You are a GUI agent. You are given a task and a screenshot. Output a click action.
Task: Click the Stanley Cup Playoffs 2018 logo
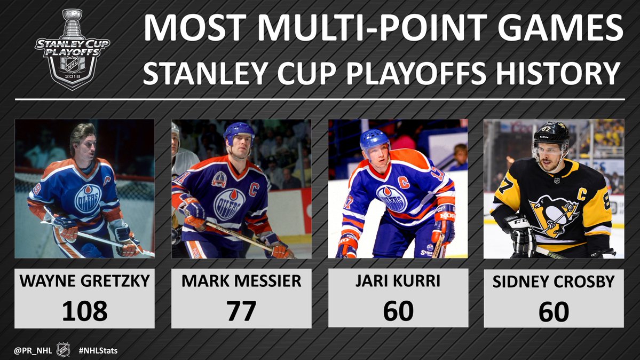(x=73, y=49)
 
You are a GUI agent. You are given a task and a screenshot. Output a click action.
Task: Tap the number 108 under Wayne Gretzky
(x=84, y=311)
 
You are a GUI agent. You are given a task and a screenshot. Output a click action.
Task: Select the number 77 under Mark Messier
(x=241, y=311)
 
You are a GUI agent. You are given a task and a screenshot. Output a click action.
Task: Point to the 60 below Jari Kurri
(x=398, y=311)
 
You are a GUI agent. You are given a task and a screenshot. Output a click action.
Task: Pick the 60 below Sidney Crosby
(x=554, y=312)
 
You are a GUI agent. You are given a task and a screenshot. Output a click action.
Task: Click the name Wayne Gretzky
(x=84, y=281)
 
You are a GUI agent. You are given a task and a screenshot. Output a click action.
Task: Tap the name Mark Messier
(x=241, y=281)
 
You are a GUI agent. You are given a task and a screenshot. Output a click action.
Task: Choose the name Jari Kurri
(x=398, y=281)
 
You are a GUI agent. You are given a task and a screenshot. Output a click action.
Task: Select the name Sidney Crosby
(x=554, y=282)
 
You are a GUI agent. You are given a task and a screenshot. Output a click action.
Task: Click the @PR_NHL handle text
(x=33, y=350)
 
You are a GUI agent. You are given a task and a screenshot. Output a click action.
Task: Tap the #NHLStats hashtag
(x=98, y=350)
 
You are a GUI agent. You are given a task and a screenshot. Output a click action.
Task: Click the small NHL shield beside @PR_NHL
(x=64, y=350)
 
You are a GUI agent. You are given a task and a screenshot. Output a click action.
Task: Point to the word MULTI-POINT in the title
(x=373, y=28)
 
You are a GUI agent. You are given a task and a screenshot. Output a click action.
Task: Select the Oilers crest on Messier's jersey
(x=230, y=204)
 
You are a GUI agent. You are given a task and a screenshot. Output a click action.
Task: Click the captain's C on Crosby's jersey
(x=582, y=194)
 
